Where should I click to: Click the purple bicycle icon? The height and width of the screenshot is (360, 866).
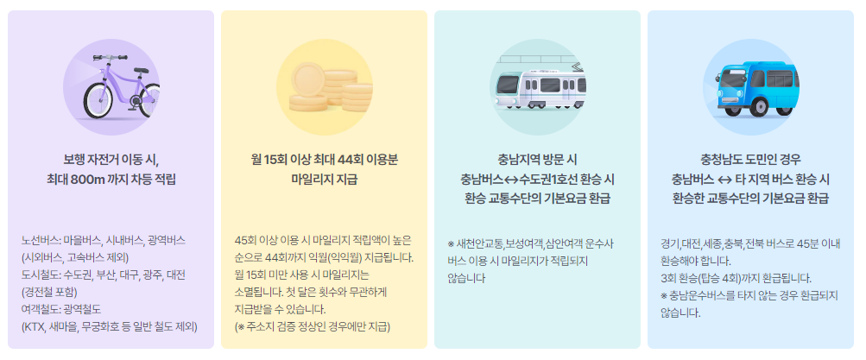(110, 83)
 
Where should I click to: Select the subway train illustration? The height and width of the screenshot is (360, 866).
(537, 84)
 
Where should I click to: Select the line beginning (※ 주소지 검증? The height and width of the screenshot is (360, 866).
(312, 326)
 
